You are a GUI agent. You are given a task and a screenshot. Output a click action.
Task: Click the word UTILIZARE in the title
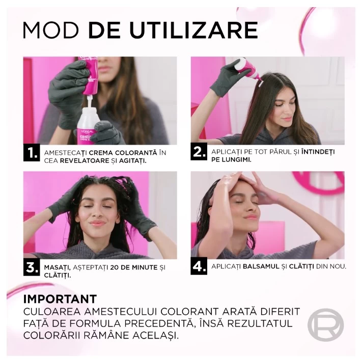point(193,30)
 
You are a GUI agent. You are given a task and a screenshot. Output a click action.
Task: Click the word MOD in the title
point(50,30)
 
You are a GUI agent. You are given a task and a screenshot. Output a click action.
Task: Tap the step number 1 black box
point(32,153)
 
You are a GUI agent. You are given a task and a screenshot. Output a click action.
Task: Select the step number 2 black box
point(199,151)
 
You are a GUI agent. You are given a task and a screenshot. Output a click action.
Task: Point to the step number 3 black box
point(32,267)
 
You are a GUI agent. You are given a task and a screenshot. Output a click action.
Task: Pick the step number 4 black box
point(199,266)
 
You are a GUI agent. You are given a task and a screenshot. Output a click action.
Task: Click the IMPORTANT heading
point(60,299)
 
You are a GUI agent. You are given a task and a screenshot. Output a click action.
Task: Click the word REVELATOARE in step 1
point(85,161)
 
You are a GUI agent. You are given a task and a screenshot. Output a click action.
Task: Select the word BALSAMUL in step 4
point(261,266)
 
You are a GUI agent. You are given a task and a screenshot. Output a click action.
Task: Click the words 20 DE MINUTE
point(134,267)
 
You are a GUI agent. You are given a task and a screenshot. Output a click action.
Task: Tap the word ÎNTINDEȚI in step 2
point(318,152)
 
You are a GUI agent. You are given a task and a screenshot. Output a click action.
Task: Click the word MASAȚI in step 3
point(57,268)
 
